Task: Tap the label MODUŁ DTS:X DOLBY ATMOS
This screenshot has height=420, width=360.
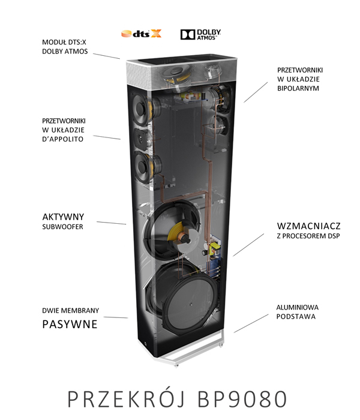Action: [65, 47]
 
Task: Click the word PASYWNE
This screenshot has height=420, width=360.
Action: [66, 325]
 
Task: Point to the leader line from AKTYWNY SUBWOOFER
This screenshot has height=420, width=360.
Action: [111, 223]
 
